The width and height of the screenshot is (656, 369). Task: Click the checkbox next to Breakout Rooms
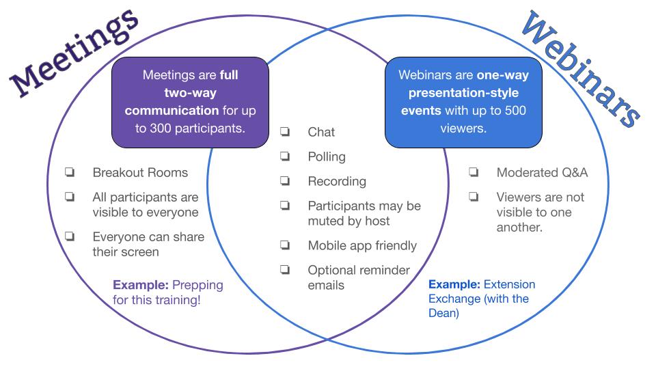pyautogui.click(x=70, y=172)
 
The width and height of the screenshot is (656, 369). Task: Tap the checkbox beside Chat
pyautogui.click(x=286, y=132)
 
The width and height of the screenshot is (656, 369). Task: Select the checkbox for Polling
pyautogui.click(x=286, y=156)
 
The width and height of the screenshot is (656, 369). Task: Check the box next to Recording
pyautogui.click(x=286, y=180)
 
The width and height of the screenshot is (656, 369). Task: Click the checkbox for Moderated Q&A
pyautogui.click(x=474, y=172)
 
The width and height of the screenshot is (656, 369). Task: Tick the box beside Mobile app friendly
pyautogui.click(x=286, y=245)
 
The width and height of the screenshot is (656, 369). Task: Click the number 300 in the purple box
pyautogui.click(x=161, y=128)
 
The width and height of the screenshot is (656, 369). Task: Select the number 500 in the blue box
pyautogui.click(x=515, y=111)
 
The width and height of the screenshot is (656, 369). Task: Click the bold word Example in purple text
pyautogui.click(x=141, y=285)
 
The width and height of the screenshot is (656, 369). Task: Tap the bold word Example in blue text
pyautogui.click(x=454, y=284)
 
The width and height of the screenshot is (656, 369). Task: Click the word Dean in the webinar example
pyautogui.click(x=442, y=313)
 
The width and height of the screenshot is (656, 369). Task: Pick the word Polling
pyautogui.click(x=327, y=157)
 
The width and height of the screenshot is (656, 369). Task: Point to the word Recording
pyautogui.click(x=337, y=182)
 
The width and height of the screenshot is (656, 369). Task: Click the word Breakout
pyautogui.click(x=115, y=172)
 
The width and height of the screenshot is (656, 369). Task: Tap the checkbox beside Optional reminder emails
pyautogui.click(x=286, y=269)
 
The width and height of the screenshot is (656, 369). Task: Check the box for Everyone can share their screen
pyautogui.click(x=70, y=236)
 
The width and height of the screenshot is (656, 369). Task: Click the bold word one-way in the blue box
pyautogui.click(x=503, y=75)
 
